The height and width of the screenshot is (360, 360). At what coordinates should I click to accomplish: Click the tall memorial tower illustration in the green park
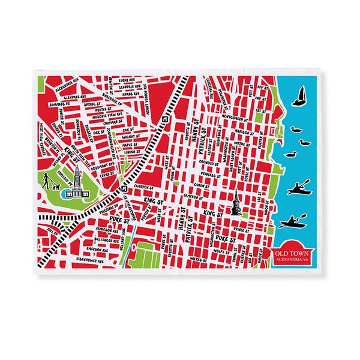tap(77, 181)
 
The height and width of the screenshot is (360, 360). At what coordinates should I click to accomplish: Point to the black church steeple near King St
tap(236, 204)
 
